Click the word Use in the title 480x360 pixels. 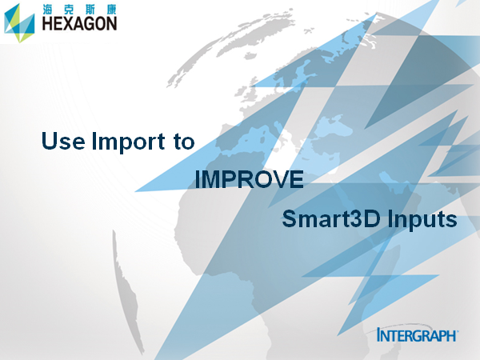[x=63, y=141]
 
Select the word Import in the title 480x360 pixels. [x=129, y=142]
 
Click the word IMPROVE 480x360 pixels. [x=249, y=179]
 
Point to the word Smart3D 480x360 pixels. [x=331, y=218]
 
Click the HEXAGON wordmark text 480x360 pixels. [x=79, y=23]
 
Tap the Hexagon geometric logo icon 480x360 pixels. [x=19, y=23]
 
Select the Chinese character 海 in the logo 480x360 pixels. [x=48, y=10]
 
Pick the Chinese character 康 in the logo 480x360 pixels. [x=111, y=10]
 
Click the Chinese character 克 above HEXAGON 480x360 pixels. [x=69, y=10]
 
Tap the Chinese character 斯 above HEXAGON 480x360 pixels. [x=90, y=10]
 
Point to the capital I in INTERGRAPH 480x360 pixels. [x=379, y=334]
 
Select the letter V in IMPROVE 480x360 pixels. [x=281, y=179]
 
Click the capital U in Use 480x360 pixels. [x=50, y=141]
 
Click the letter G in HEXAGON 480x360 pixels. [x=90, y=23]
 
